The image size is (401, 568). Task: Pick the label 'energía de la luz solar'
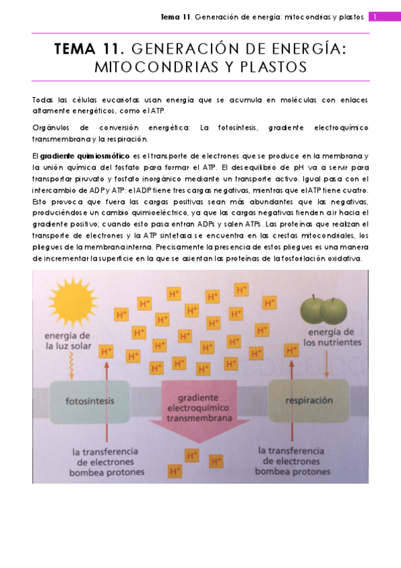[x=67, y=340]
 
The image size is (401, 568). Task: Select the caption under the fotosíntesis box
[x=106, y=461]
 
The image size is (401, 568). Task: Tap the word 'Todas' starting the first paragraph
[x=42, y=99]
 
